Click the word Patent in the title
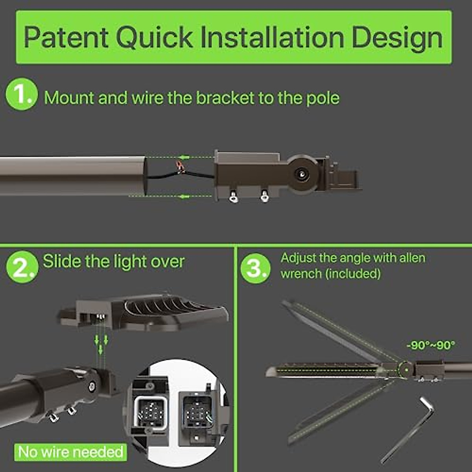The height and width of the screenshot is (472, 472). pos(66,37)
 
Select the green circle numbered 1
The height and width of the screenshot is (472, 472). pos(21,94)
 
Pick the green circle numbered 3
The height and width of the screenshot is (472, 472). pos(255,268)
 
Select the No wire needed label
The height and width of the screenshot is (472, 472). pos(71,452)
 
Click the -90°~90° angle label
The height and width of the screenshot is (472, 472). pos(430,345)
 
